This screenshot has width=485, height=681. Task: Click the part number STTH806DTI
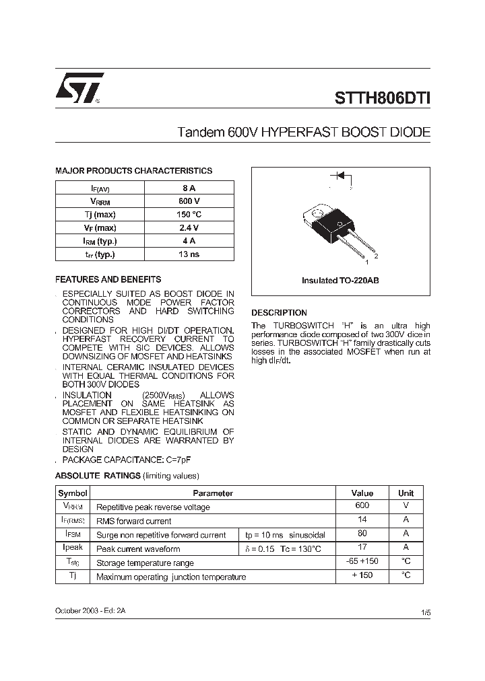[x=383, y=97]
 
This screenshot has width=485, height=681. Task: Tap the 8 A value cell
[x=189, y=189]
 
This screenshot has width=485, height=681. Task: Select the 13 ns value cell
[x=189, y=254]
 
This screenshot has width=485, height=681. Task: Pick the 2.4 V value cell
[x=189, y=228]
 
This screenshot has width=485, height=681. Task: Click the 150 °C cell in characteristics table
[x=189, y=215]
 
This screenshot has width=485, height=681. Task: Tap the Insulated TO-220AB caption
[x=340, y=280]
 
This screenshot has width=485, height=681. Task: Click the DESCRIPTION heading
[x=279, y=313]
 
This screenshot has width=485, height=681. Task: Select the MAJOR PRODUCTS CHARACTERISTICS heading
[x=133, y=171]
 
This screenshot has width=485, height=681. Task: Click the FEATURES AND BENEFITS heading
[x=108, y=279]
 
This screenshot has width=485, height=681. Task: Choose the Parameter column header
[x=213, y=493]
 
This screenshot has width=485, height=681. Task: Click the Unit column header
[x=406, y=493]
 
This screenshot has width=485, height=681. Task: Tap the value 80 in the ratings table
[x=362, y=534]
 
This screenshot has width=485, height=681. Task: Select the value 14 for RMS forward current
[x=362, y=520]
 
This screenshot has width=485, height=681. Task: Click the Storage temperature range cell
[x=145, y=563]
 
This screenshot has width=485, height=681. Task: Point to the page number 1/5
[x=425, y=613]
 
